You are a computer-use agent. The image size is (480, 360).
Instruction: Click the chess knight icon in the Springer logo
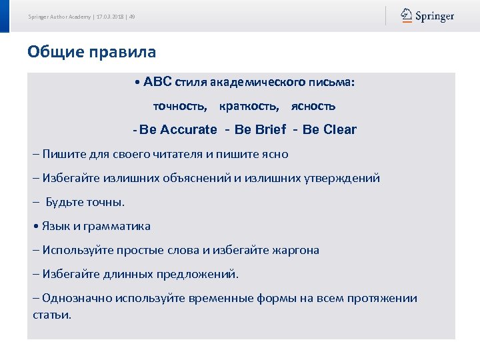click(x=406, y=15)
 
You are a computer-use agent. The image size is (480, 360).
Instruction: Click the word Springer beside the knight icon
click(x=435, y=16)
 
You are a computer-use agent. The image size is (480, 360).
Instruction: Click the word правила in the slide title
click(x=123, y=51)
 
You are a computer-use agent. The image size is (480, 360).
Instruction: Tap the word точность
click(x=180, y=106)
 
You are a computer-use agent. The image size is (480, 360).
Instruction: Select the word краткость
click(x=249, y=106)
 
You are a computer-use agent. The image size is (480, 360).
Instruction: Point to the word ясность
click(x=313, y=106)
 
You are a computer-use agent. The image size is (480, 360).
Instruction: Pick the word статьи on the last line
click(x=51, y=314)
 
